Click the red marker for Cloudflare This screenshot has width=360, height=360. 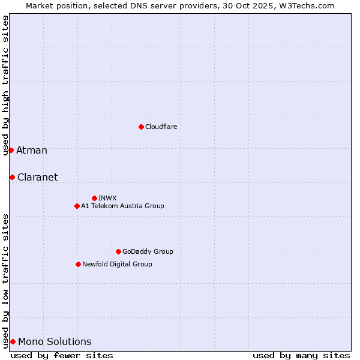pyautogui.click(x=141, y=127)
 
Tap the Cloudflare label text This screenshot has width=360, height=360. pyautogui.click(x=161, y=127)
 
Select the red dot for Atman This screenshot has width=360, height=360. pyautogui.click(x=11, y=150)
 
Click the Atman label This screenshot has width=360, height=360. pyautogui.click(x=32, y=150)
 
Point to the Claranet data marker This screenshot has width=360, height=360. pyautogui.click(x=12, y=177)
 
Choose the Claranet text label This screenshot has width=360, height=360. pyautogui.click(x=38, y=177)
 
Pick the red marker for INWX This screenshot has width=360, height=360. pyautogui.click(x=94, y=198)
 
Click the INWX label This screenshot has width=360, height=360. pyautogui.click(x=107, y=198)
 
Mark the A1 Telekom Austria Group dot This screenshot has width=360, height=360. pyautogui.click(x=77, y=206)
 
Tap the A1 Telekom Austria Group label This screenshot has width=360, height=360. pyautogui.click(x=122, y=206)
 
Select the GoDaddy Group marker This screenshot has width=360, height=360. pyautogui.click(x=118, y=251)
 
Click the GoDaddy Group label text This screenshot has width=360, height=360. pyautogui.click(x=148, y=251)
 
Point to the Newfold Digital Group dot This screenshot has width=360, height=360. pyautogui.click(x=78, y=264)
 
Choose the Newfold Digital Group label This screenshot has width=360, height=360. pyautogui.click(x=117, y=264)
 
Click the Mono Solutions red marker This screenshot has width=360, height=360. pyautogui.click(x=13, y=341)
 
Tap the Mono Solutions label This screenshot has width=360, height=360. pyautogui.click(x=55, y=342)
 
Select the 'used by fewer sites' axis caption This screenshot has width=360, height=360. pyautogui.click(x=62, y=355)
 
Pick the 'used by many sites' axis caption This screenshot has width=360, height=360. pyautogui.click(x=301, y=355)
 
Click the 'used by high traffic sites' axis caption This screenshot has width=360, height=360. pyautogui.click(x=5, y=85)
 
